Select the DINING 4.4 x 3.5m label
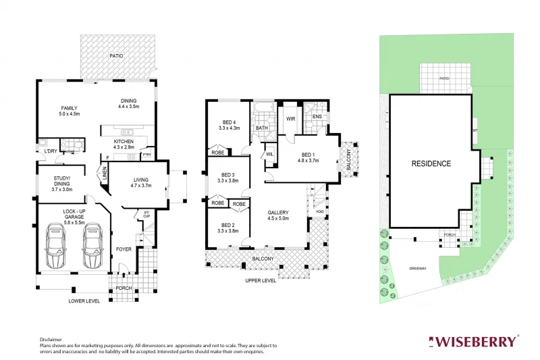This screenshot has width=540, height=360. coord(128,104)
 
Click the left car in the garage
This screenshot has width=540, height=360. coord(55,247)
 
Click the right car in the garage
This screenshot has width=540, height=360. coord(92,247)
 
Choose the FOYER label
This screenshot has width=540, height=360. coord(124,249)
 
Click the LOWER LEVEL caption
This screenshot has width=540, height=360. coord(84,301)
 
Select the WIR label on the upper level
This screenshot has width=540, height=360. coord(291,119)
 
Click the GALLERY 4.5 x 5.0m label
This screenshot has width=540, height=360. coord(278,215)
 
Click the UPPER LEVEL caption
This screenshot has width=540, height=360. coord(260,280)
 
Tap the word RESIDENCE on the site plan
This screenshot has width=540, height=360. coord(431,163)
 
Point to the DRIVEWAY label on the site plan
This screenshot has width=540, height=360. coord(418,268)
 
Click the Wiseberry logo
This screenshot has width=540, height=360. coord(475,341)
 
